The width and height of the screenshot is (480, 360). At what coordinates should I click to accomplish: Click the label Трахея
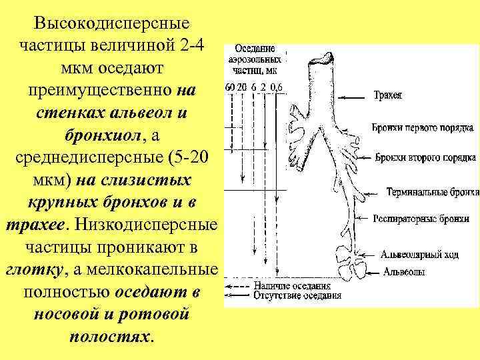tap(388, 95)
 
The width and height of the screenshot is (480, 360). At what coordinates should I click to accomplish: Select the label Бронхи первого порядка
tap(423, 127)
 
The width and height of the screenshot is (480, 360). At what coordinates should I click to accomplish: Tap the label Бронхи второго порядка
tap(425, 158)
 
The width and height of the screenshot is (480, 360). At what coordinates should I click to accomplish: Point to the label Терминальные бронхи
tap(433, 192)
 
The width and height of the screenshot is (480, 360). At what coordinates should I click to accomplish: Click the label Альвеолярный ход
tap(419, 255)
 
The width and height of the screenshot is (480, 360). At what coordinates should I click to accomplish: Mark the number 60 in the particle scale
tap(230, 87)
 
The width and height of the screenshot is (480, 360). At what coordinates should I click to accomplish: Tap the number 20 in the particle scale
tap(241, 87)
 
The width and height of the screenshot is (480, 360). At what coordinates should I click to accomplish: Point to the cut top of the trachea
tap(319, 59)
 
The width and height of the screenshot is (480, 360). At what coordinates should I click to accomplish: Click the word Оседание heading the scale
tap(253, 49)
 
